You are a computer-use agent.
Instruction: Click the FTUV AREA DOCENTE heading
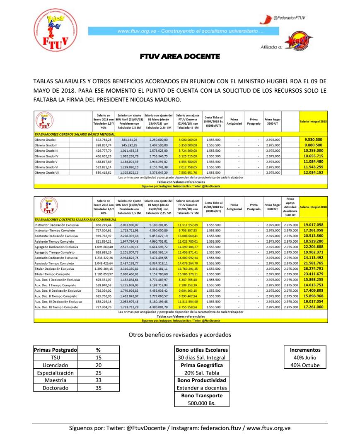179,56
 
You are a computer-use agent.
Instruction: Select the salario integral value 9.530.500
313,140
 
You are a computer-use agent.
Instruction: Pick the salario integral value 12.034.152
313,172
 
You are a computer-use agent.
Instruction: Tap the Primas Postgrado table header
55,350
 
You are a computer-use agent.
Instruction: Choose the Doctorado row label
55,388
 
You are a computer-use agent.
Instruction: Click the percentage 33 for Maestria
98,380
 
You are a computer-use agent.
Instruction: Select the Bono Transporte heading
201,395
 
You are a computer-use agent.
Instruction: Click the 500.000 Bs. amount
201,403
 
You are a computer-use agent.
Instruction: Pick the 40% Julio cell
305,357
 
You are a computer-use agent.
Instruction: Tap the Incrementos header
305,350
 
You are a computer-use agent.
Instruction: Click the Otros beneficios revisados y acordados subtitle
180,334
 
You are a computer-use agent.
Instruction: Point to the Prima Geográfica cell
201,365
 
